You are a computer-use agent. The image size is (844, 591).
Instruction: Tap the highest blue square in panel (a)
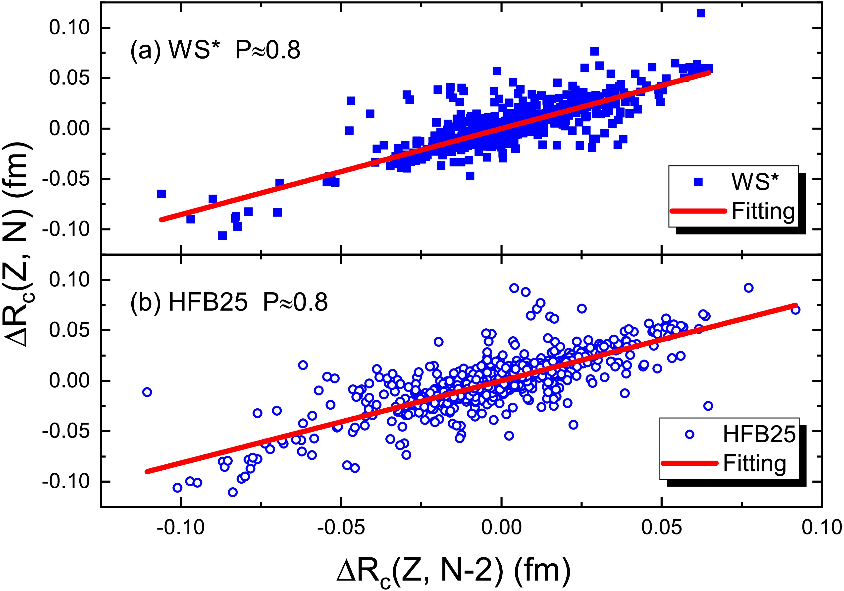pos(701,13)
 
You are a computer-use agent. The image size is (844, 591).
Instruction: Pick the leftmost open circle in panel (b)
pos(147,392)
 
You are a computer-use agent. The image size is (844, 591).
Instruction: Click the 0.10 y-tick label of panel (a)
pos(69,28)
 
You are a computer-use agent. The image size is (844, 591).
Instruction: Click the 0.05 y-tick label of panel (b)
pos(69,330)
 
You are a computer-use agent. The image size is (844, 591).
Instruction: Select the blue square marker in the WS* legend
pos(698,182)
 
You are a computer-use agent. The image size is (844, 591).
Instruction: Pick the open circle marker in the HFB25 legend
pos(690,435)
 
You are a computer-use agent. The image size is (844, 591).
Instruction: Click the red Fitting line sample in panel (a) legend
pos(698,211)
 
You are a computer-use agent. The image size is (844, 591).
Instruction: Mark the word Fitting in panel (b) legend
pos(754,463)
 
